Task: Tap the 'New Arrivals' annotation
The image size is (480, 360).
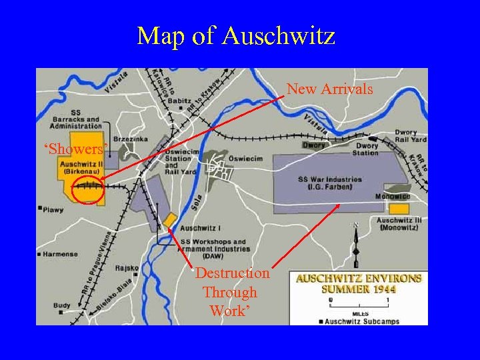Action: [x=329, y=89]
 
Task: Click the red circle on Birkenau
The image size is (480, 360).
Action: [x=87, y=189]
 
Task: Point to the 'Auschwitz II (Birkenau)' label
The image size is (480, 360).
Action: [x=79, y=167]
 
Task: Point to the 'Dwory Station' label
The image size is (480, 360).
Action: [x=366, y=149]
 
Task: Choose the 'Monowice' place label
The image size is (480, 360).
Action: [x=392, y=197]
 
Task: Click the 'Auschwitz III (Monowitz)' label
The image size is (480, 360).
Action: [x=399, y=224]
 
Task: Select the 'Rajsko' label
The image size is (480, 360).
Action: [x=127, y=268]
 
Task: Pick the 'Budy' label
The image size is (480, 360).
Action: [x=61, y=305]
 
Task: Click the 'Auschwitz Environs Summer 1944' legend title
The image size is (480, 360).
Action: [x=359, y=283]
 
